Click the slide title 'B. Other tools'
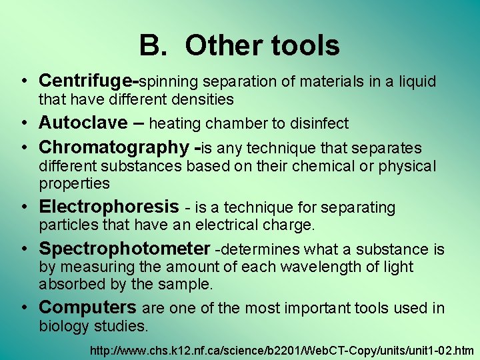[x=239, y=46]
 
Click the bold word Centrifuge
[x=87, y=81]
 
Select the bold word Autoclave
[x=83, y=123]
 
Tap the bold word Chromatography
[x=114, y=147]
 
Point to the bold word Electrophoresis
[x=109, y=207]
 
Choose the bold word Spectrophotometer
[x=125, y=249]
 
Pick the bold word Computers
[x=87, y=308]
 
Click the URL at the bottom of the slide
[x=283, y=349]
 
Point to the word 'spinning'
[x=168, y=82]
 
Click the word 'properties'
[x=74, y=183]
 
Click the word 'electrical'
[x=220, y=225]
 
